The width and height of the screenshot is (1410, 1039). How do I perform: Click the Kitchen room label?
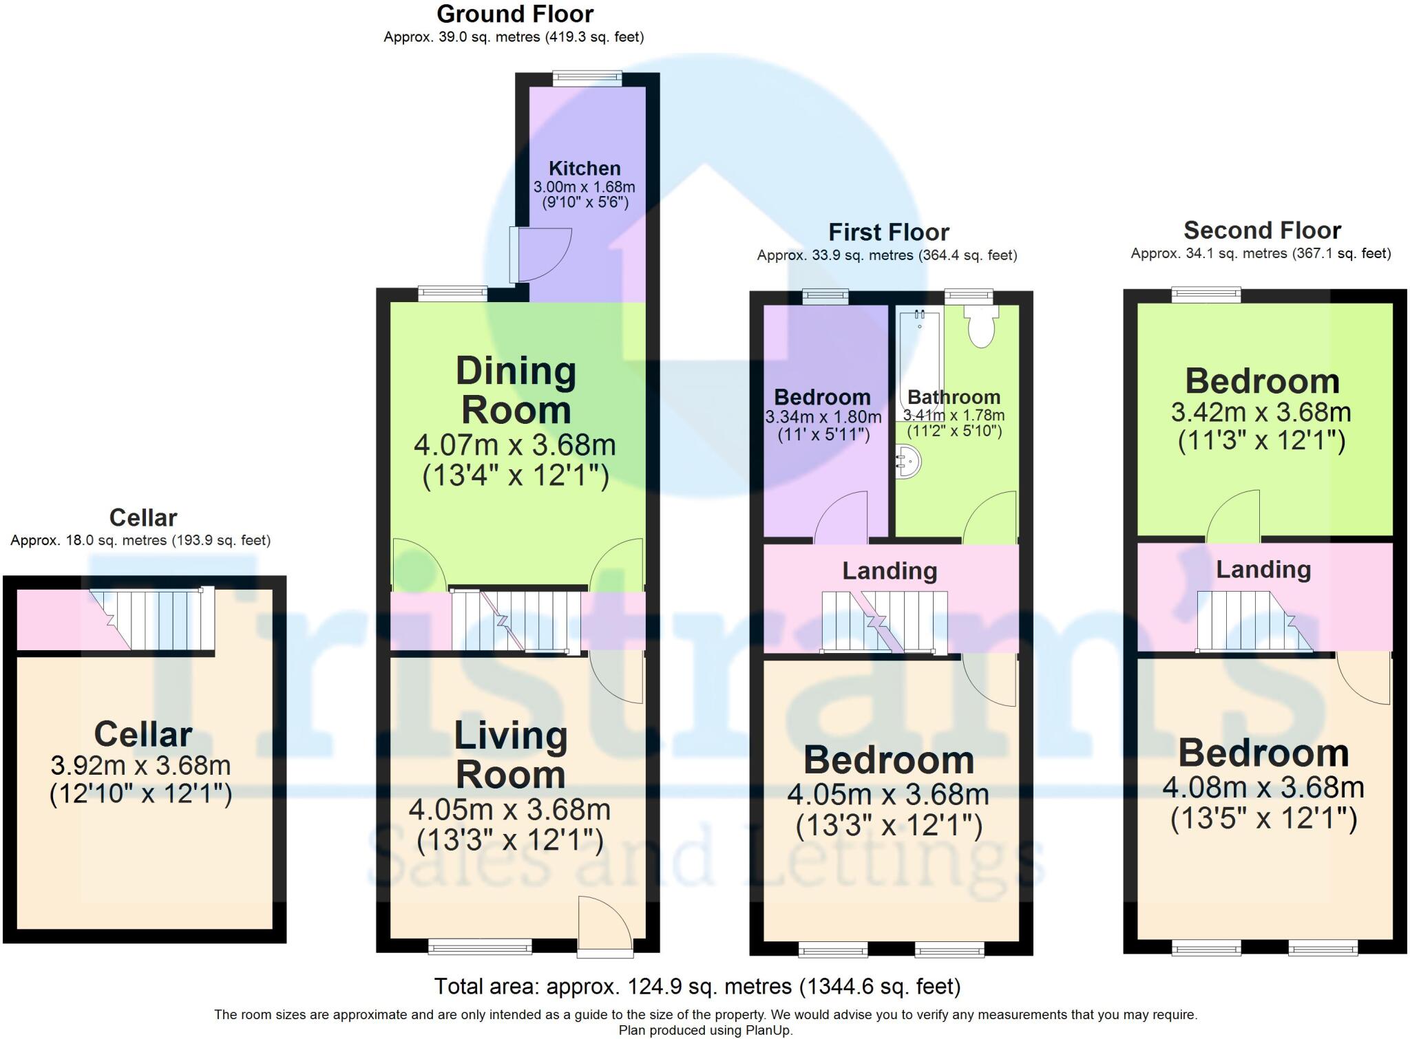click(x=585, y=169)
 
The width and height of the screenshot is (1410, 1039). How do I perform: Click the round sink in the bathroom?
click(x=908, y=461)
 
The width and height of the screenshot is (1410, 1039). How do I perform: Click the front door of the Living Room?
click(x=604, y=925)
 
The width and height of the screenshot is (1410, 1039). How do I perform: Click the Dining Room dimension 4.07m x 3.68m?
click(x=514, y=445)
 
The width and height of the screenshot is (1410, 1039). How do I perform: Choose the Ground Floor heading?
click(x=514, y=14)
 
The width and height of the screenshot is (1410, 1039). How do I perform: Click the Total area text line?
click(x=697, y=987)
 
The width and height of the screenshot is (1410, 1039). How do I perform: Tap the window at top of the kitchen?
click(x=587, y=79)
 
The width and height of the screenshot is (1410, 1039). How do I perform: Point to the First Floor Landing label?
click(x=890, y=570)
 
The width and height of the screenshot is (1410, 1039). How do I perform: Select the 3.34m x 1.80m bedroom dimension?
click(x=823, y=417)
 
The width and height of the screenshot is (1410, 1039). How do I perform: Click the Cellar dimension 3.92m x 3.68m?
click(x=140, y=765)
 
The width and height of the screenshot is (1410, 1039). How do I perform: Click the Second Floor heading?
click(x=1262, y=230)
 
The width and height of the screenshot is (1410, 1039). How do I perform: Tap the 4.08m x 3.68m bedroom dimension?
click(x=1263, y=787)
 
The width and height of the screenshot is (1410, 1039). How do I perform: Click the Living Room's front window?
click(x=480, y=948)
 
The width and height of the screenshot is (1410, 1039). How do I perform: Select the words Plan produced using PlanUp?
click(x=705, y=1030)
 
